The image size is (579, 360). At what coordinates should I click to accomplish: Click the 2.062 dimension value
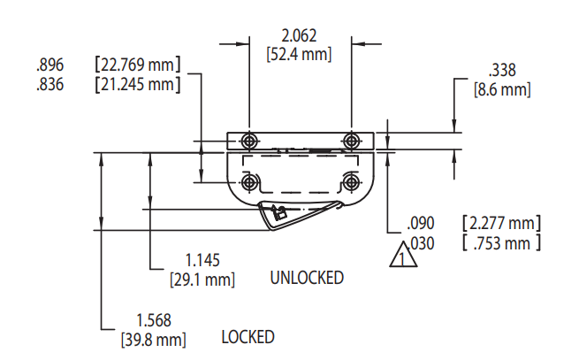click(299, 36)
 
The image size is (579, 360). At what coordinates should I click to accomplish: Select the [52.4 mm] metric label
click(299, 54)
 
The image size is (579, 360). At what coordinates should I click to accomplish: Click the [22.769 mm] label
click(137, 65)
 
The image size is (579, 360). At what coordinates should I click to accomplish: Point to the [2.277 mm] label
click(501, 223)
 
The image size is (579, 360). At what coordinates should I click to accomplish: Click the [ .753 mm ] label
click(501, 242)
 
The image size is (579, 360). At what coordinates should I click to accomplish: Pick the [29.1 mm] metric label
click(202, 280)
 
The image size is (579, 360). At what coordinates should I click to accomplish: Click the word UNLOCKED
click(306, 278)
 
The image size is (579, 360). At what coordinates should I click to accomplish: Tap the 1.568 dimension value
click(153, 319)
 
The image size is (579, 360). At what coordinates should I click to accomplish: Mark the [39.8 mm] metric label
click(153, 339)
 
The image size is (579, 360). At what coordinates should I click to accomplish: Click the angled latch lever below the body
click(296, 213)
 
